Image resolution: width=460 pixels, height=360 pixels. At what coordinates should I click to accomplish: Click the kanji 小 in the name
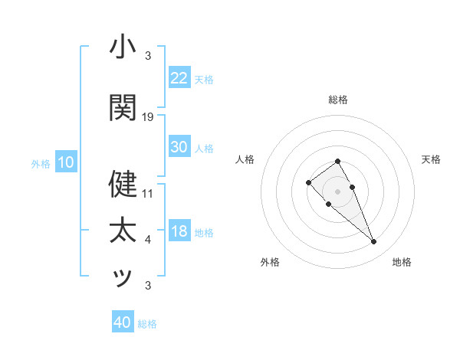click(123, 47)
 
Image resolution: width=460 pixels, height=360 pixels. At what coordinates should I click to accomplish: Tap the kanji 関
click(123, 108)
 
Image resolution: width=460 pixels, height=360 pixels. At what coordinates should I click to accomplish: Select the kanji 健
click(123, 184)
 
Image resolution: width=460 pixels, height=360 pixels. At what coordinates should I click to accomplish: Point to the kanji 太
click(123, 231)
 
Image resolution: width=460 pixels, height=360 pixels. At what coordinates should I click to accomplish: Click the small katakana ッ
click(123, 278)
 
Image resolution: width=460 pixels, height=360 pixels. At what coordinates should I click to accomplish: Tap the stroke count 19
click(148, 117)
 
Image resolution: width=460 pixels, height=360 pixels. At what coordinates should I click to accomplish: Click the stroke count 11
click(148, 194)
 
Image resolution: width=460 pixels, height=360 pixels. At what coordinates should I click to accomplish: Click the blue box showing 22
click(179, 77)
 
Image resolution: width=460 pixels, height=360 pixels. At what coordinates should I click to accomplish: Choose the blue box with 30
click(179, 147)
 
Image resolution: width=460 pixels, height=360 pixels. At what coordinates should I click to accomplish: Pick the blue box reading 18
click(179, 231)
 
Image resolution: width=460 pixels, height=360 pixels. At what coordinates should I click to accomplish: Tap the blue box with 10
click(65, 162)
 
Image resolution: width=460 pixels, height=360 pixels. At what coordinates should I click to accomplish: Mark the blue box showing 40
click(123, 322)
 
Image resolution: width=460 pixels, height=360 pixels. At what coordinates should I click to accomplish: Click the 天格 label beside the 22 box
click(204, 79)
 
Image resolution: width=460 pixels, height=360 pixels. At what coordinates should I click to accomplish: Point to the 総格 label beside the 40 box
click(147, 324)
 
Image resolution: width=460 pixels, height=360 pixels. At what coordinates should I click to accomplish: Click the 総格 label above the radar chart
click(337, 100)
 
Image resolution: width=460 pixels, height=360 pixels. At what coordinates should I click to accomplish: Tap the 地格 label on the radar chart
click(402, 262)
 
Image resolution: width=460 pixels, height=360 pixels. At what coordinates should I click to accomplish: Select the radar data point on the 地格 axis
click(373, 242)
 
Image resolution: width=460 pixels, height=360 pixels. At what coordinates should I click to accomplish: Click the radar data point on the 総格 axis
click(337, 161)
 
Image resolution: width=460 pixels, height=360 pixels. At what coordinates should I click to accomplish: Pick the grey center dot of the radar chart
click(337, 191)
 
